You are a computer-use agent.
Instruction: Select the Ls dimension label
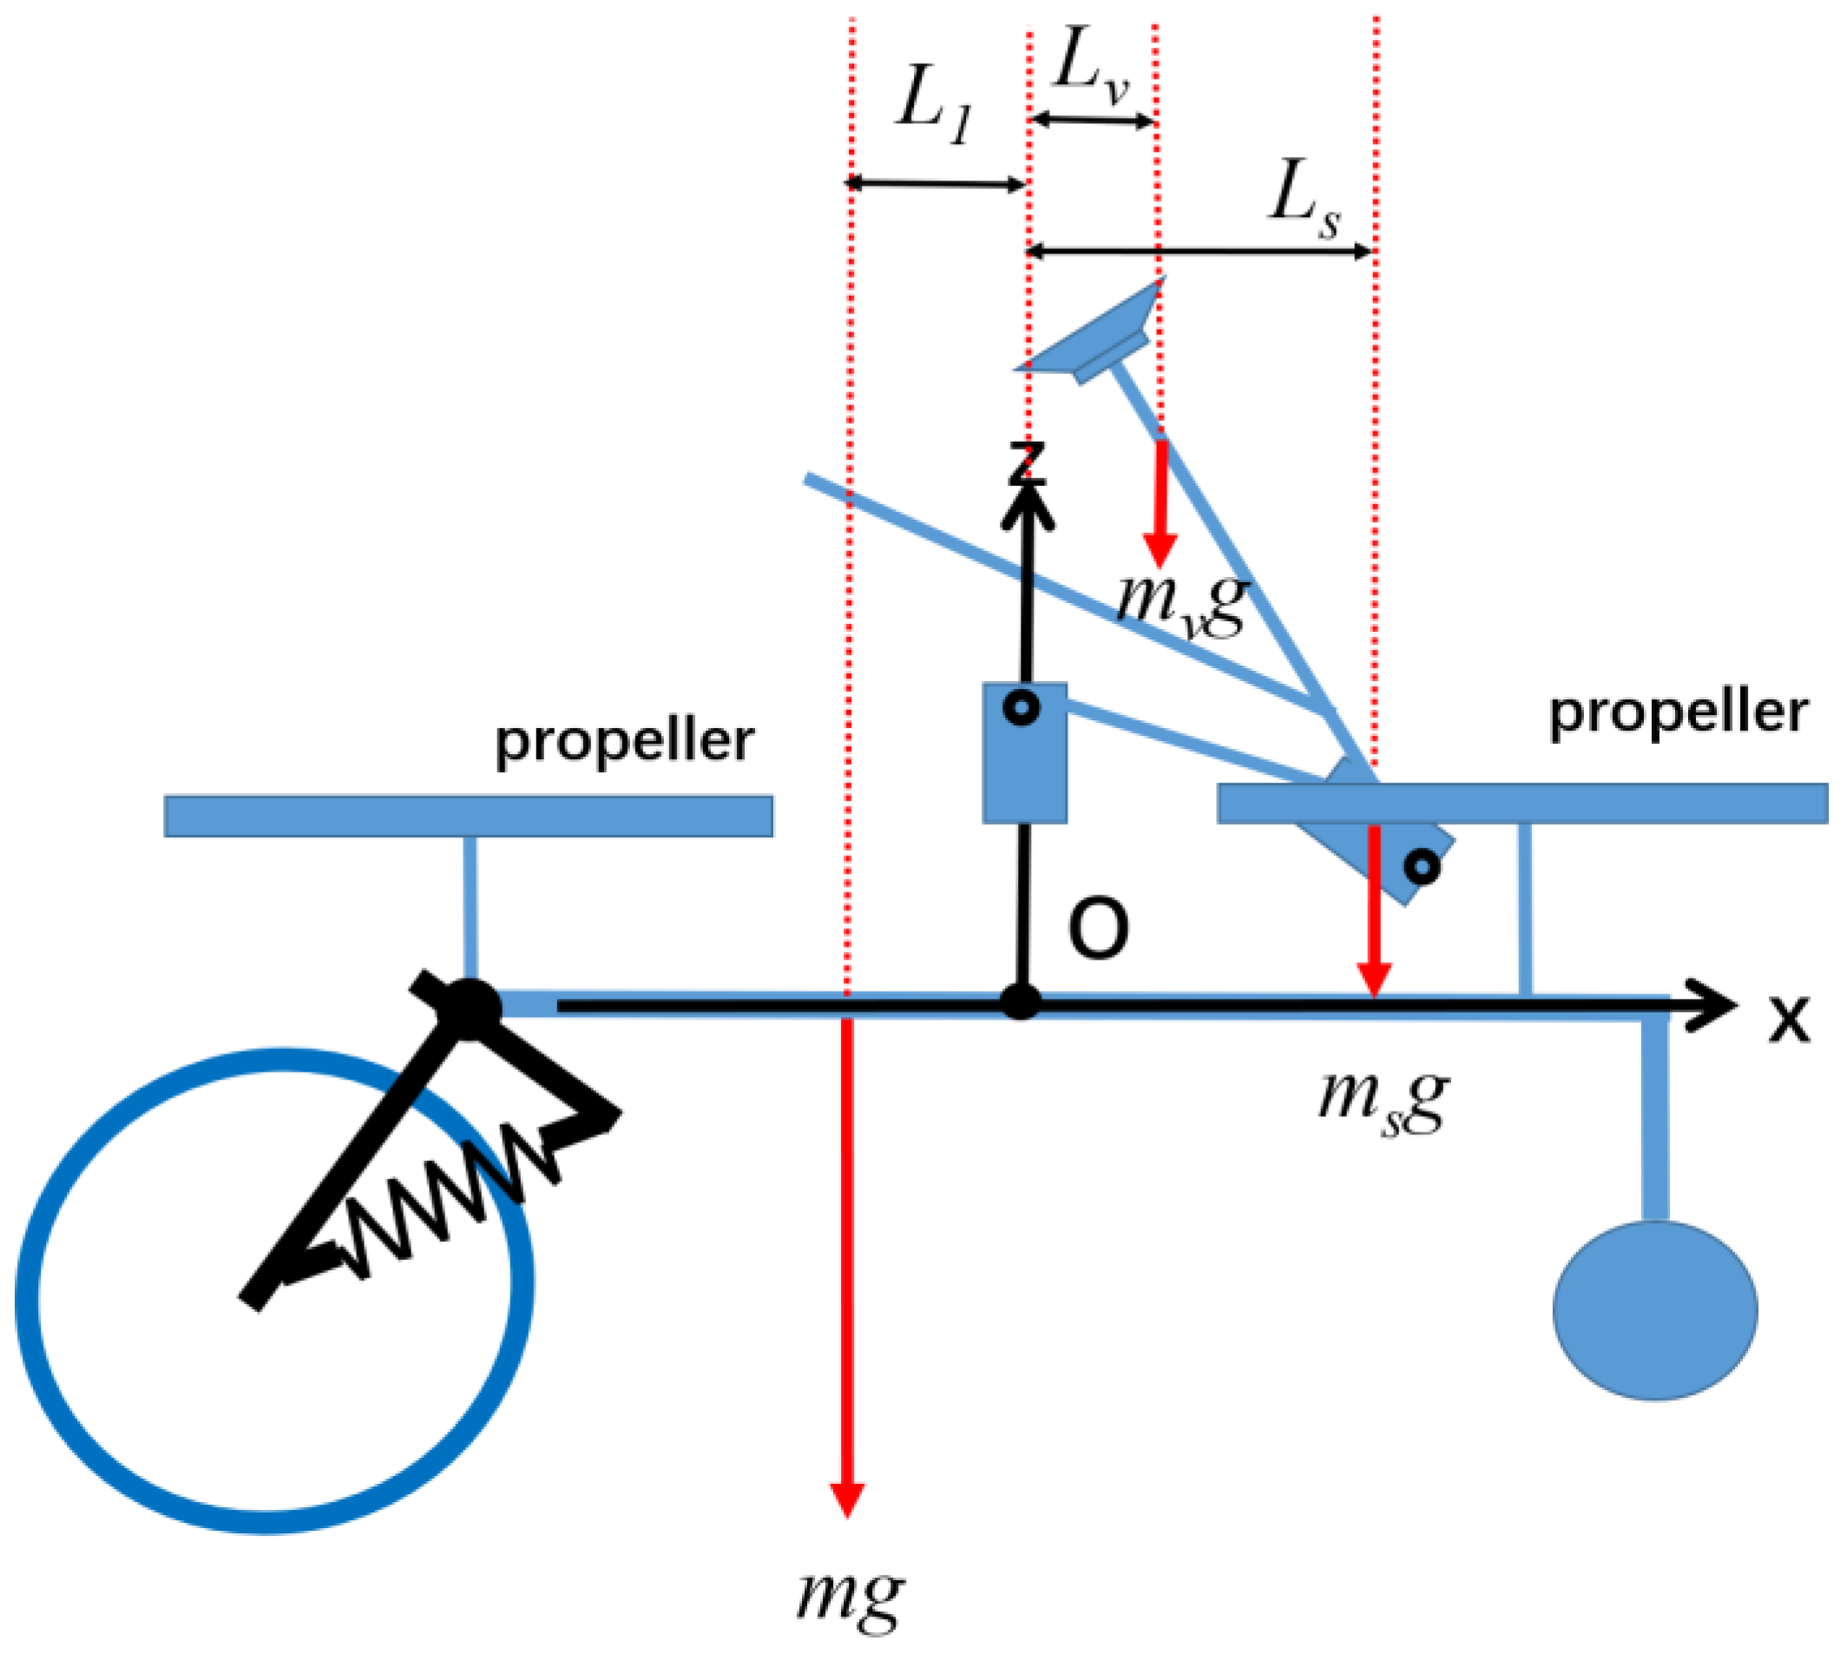1303,198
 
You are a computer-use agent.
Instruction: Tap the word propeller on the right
1678,714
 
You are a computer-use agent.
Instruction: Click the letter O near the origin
1097,929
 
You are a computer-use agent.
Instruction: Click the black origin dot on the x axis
1021,1002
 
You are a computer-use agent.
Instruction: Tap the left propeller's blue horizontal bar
468,816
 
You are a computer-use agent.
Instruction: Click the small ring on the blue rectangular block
1022,708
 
